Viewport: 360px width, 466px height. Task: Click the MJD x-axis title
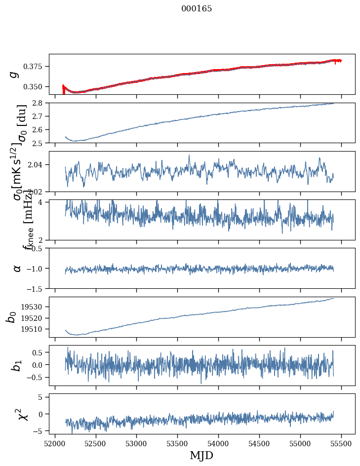coord(201,456)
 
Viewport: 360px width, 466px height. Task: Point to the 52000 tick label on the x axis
coord(55,443)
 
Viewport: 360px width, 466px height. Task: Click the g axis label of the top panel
coord(15,74)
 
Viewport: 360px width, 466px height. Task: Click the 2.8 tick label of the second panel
coord(40,103)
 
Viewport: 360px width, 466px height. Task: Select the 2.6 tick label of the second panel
coord(40,129)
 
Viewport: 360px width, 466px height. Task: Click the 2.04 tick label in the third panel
coord(38,164)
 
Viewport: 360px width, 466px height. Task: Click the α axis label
coord(17,268)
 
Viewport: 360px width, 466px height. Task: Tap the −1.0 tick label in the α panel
coord(37,268)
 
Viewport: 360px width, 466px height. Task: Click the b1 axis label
coord(16,365)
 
